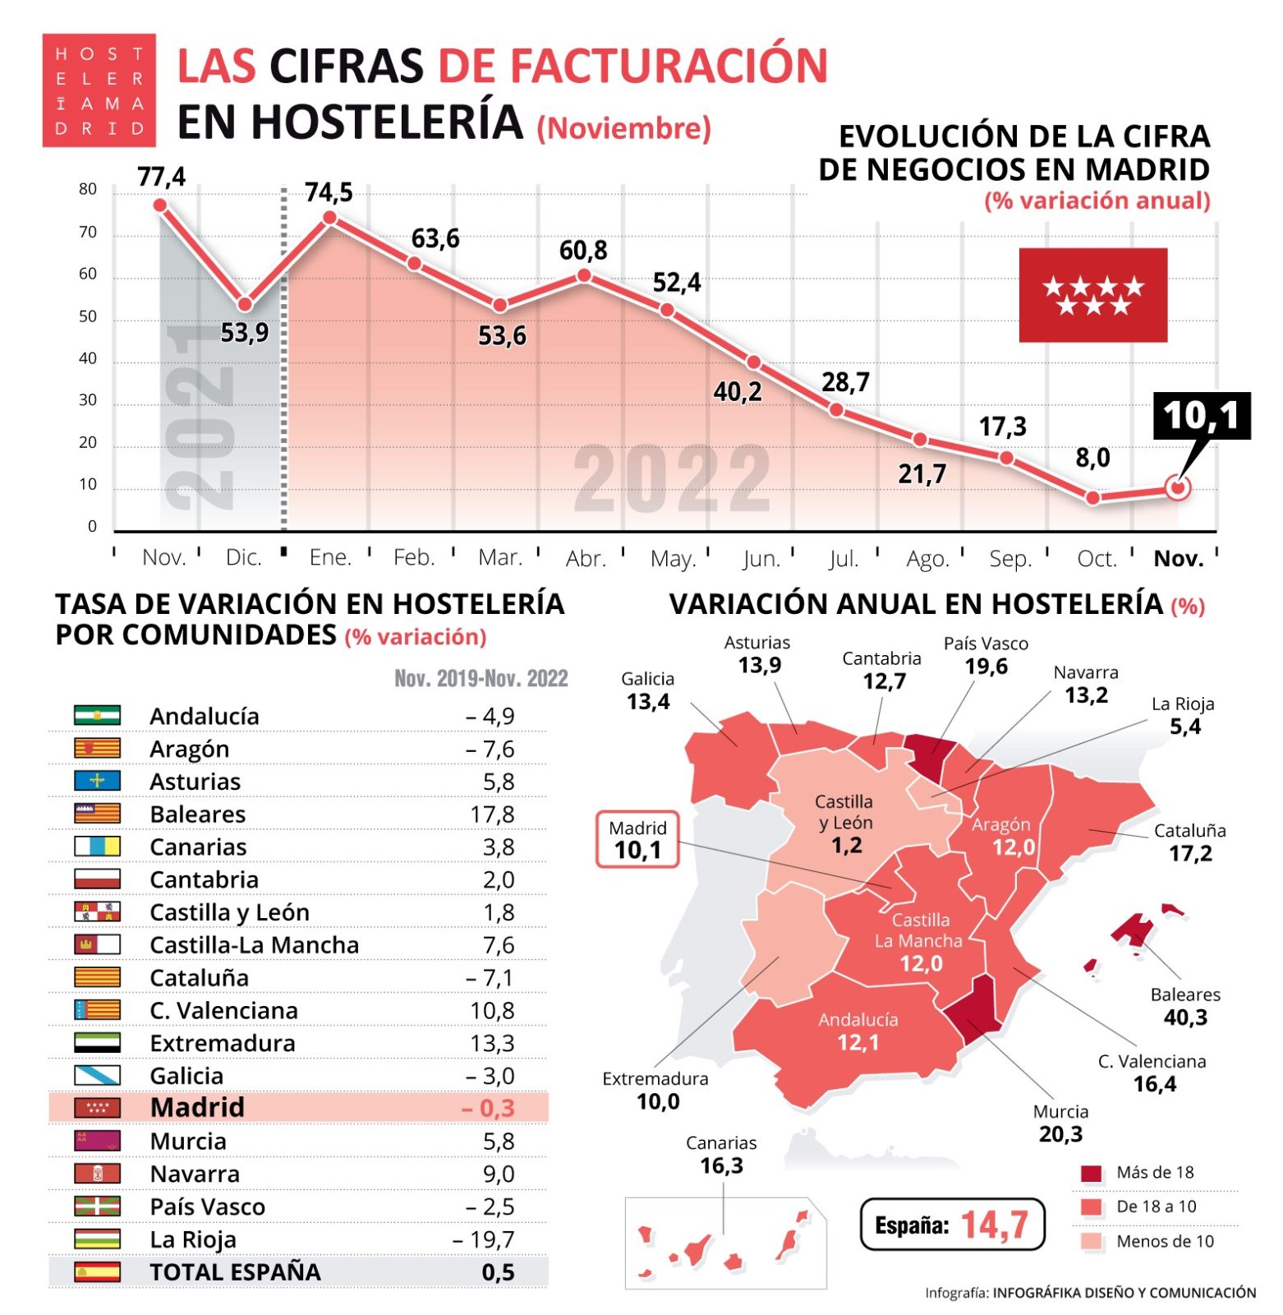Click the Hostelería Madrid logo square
tap(99, 90)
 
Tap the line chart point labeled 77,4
tap(160, 205)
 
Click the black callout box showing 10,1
tap(1201, 416)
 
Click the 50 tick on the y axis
tap(88, 317)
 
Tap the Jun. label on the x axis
tap(761, 559)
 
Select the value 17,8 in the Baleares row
tap(493, 814)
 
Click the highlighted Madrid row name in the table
tap(197, 1108)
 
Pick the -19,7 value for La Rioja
tap(484, 1239)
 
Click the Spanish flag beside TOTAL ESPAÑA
tap(97, 1272)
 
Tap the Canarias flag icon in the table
tap(97, 847)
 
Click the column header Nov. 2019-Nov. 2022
tap(481, 679)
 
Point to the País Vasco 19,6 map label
tap(986, 656)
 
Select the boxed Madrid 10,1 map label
tap(637, 840)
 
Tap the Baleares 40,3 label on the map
tap(1185, 1007)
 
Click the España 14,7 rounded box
tap(952, 1225)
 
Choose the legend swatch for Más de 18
tap(1091, 1174)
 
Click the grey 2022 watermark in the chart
tap(672, 478)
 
